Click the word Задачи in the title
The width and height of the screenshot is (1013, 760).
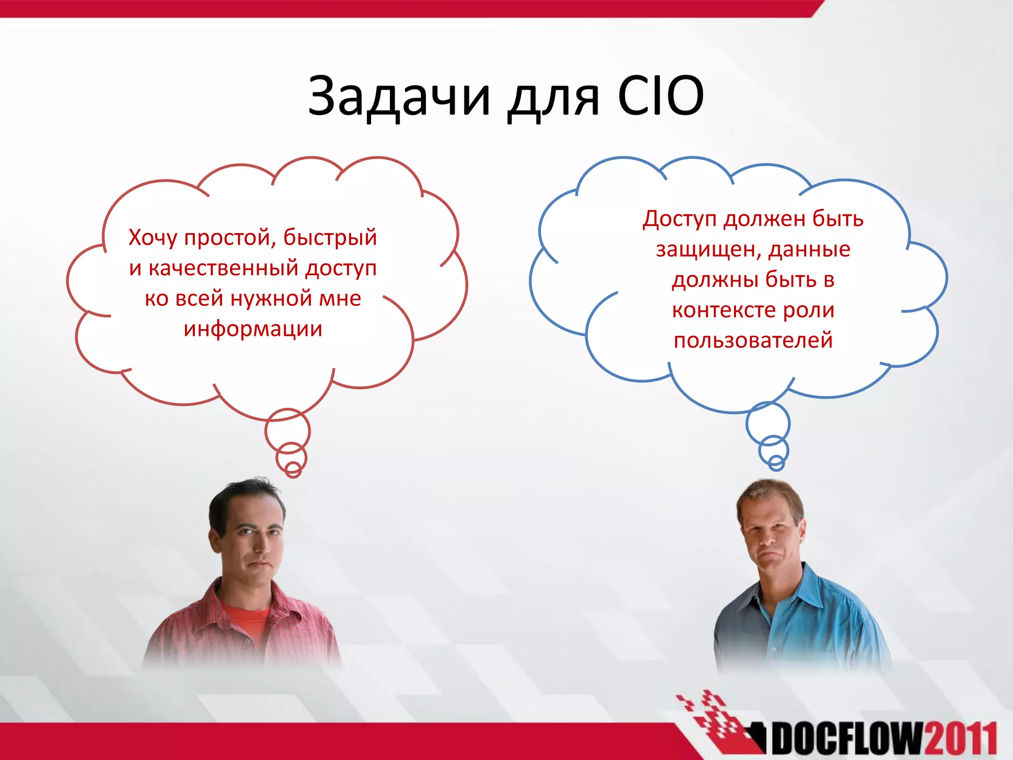click(399, 96)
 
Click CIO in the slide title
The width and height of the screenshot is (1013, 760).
click(660, 96)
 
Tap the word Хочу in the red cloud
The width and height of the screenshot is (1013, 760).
click(153, 238)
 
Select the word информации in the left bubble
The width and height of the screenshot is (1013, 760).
click(253, 329)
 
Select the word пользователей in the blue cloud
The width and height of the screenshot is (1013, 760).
click(753, 341)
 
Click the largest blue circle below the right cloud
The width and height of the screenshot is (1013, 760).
click(768, 423)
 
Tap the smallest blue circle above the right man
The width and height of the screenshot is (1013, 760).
click(776, 464)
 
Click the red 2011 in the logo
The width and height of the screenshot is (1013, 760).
click(960, 739)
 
